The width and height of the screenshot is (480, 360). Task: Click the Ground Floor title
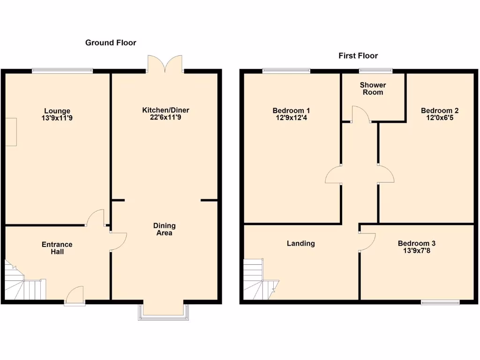[x=111, y=43]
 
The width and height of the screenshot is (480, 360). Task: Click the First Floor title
[x=358, y=56]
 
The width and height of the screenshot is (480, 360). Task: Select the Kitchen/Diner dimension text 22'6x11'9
[x=166, y=118]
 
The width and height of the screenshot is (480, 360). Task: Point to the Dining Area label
[x=165, y=229]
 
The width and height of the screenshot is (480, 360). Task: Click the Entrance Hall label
[x=57, y=248]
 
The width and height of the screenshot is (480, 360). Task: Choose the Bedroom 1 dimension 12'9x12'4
[x=291, y=118]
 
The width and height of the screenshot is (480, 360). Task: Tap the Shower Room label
[x=373, y=89]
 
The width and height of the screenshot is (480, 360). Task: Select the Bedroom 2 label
[x=440, y=111]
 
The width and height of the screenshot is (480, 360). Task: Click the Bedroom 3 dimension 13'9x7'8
[x=417, y=251]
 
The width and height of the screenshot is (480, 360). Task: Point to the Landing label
[x=301, y=243]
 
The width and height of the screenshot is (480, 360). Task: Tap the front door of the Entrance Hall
[x=75, y=296]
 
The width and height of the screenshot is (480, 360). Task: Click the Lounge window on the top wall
[x=62, y=71]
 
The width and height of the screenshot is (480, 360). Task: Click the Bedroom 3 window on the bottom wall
[x=440, y=302]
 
